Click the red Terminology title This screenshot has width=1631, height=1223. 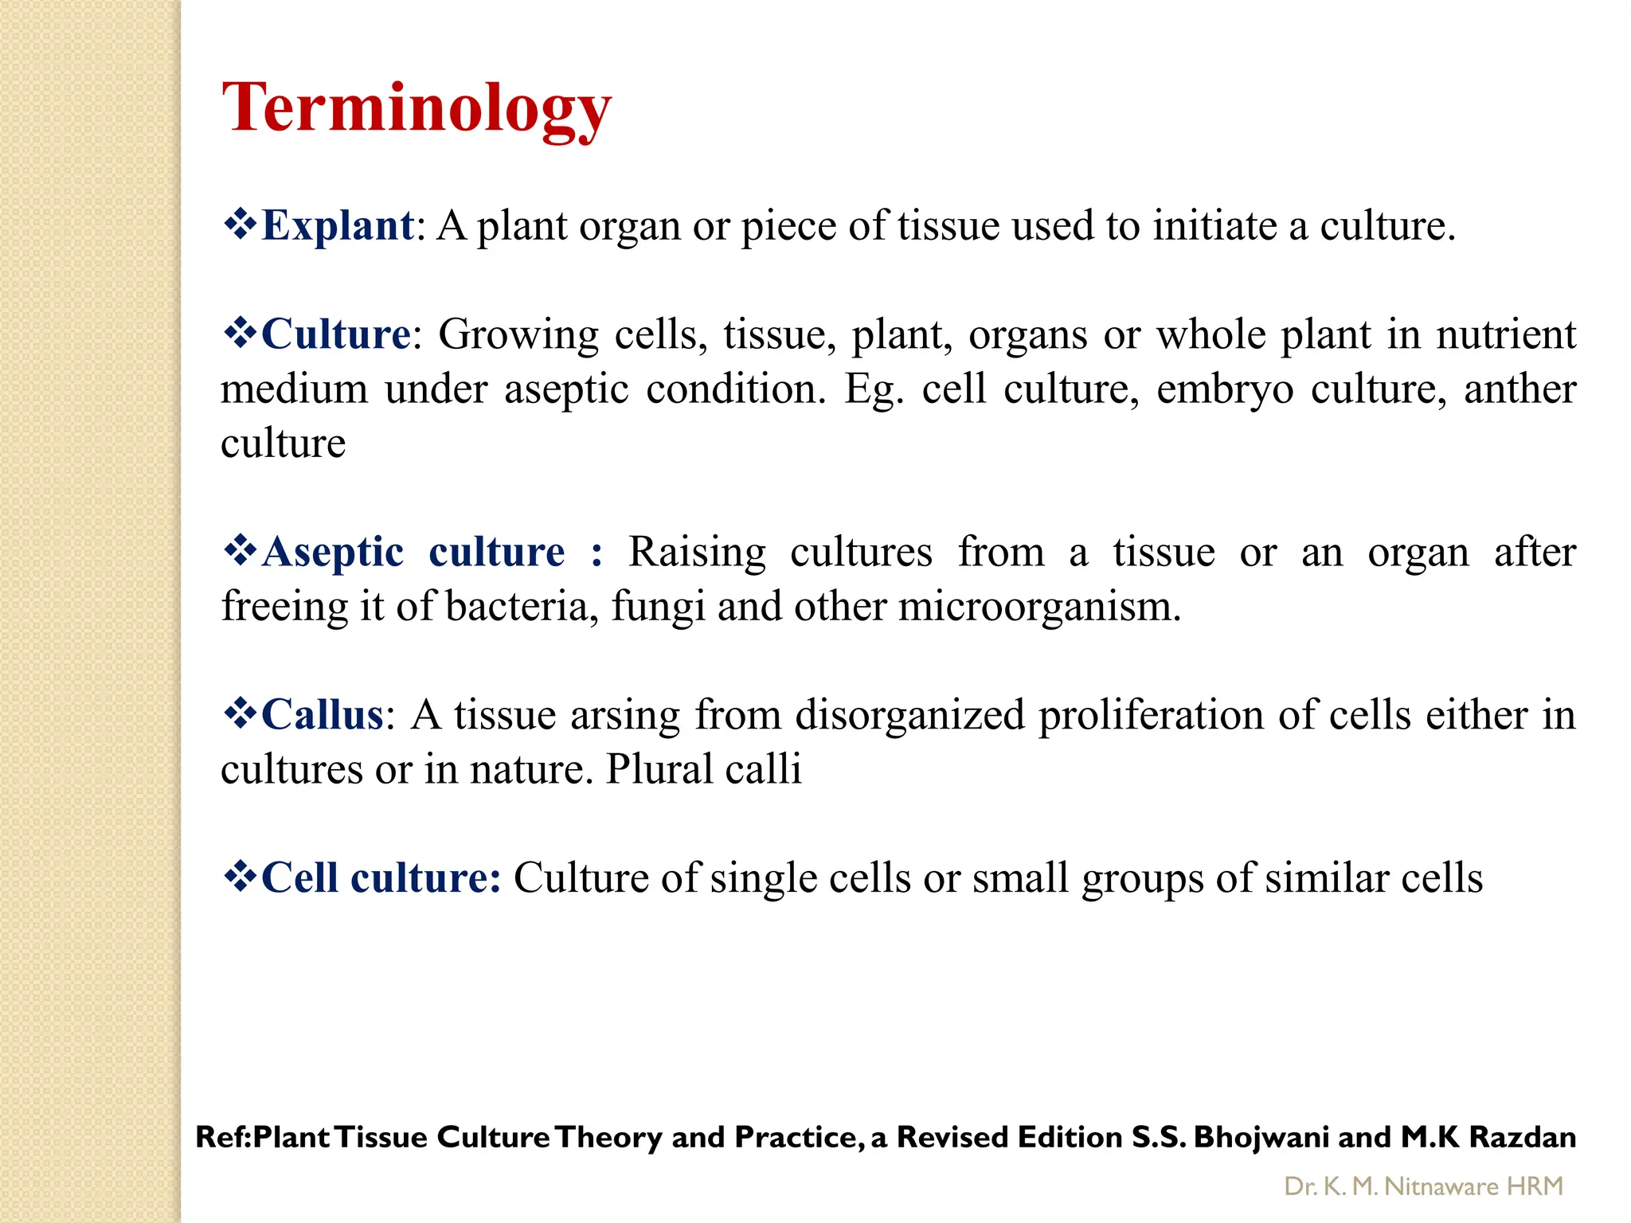point(417,109)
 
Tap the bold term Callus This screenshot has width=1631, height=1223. point(323,714)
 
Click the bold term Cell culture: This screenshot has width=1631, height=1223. point(381,877)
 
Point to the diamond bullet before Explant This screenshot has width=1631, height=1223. point(239,225)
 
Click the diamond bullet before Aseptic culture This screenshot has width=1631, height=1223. point(239,550)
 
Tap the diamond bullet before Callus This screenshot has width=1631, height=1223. point(239,713)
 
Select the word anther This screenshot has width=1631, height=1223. point(1520,389)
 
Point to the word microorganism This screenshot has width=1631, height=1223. point(1038,607)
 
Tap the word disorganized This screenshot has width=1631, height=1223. point(909,714)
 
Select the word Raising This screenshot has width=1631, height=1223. point(697,552)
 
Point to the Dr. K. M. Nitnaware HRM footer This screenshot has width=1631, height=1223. point(1423,1186)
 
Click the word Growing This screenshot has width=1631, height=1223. point(518,334)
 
